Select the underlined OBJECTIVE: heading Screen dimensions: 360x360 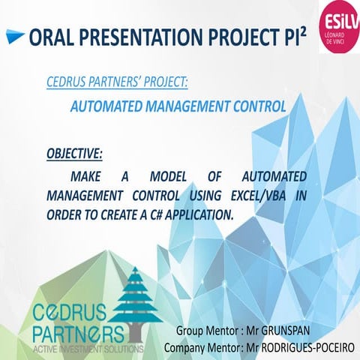74,154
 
